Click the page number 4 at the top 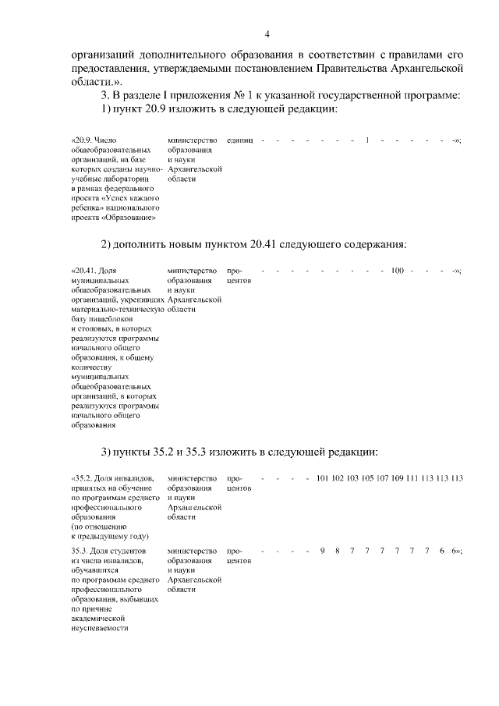267,34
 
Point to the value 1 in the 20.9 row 366,140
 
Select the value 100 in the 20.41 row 397,271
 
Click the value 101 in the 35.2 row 322,477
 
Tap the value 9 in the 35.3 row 322,551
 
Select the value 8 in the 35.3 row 338,551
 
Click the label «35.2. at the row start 83,477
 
